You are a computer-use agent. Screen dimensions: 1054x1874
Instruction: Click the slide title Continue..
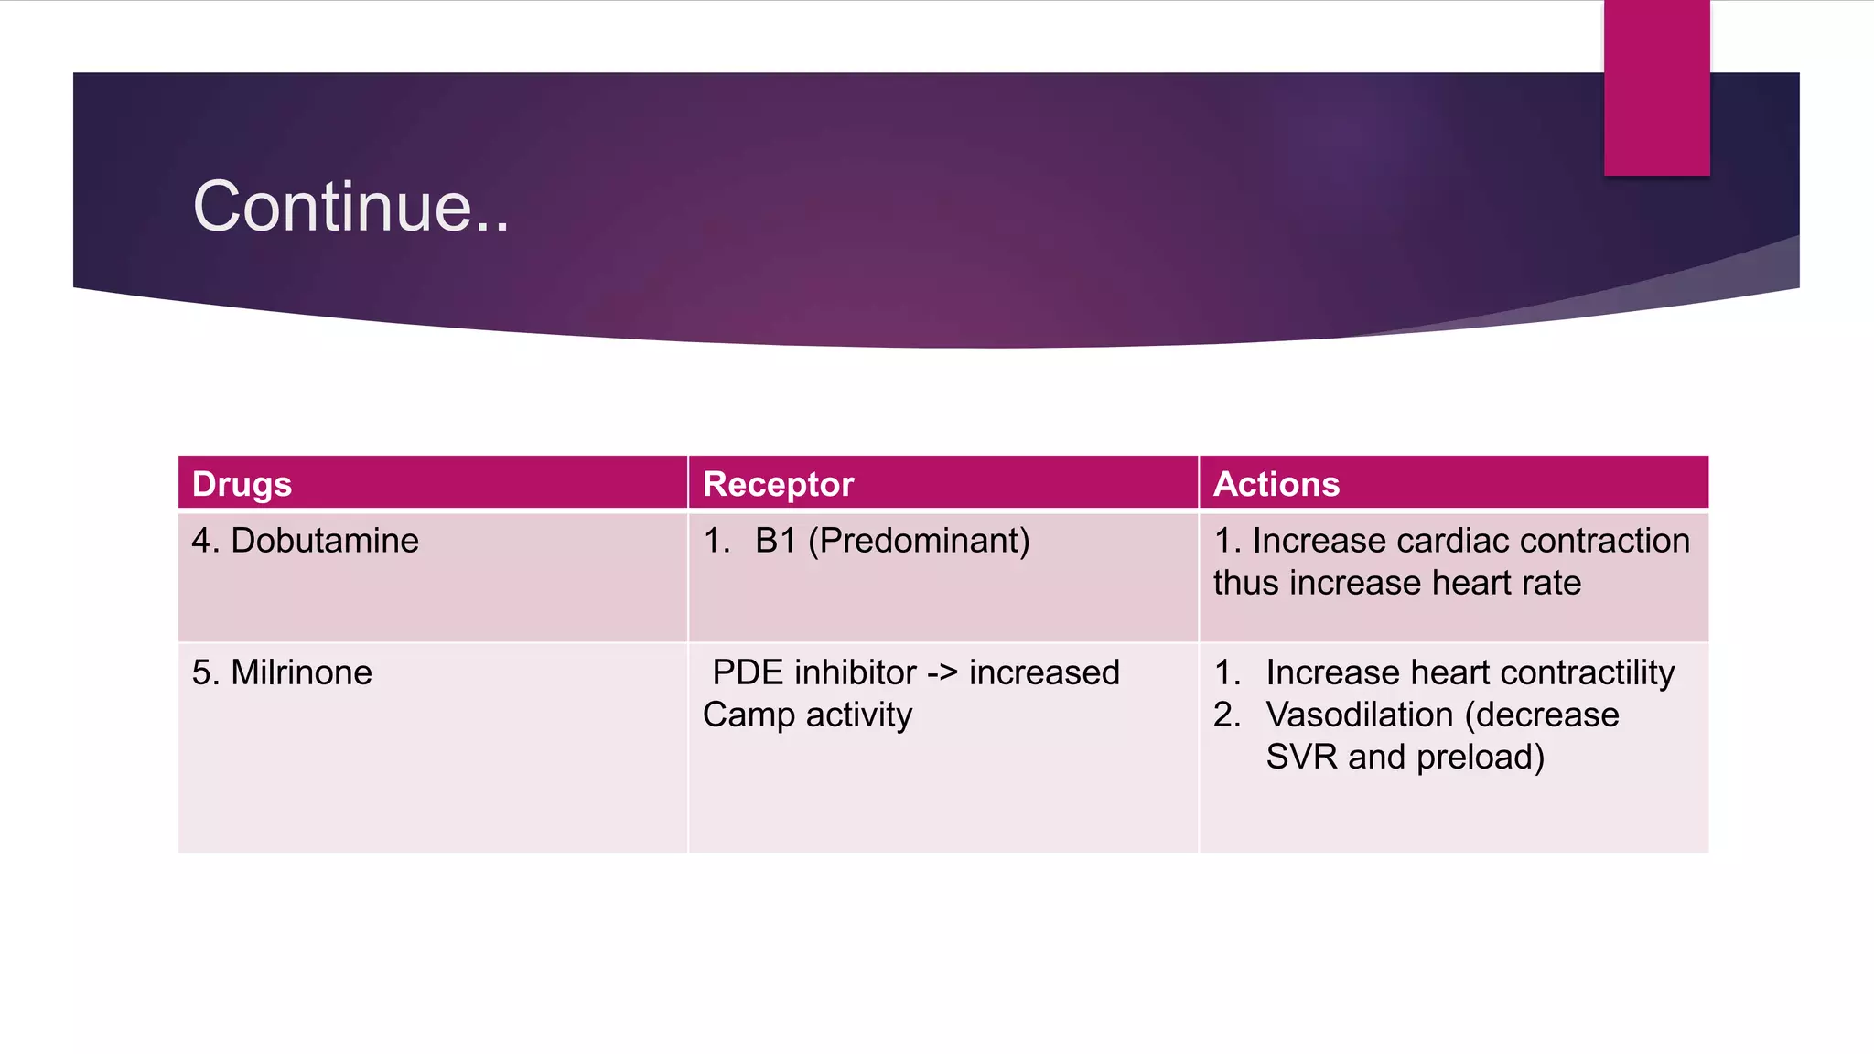pos(350,207)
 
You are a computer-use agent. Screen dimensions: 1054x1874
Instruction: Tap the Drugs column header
pos(242,484)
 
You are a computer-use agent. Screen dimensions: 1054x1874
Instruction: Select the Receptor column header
pos(778,484)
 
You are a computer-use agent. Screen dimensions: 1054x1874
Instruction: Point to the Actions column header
pos(1276,484)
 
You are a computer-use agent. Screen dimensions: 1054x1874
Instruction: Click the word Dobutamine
pos(325,541)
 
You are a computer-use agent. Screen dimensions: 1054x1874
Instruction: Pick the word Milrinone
pos(301,672)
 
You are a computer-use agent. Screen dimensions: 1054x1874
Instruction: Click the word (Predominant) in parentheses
pos(919,541)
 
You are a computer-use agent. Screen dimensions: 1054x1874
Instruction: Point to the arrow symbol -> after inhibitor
pos(942,673)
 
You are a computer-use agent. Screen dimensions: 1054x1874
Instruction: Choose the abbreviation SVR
pos(1301,757)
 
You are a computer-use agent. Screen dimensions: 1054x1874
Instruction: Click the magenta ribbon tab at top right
pos(1656,88)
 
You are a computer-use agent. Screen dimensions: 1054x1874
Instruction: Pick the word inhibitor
pos(856,672)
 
